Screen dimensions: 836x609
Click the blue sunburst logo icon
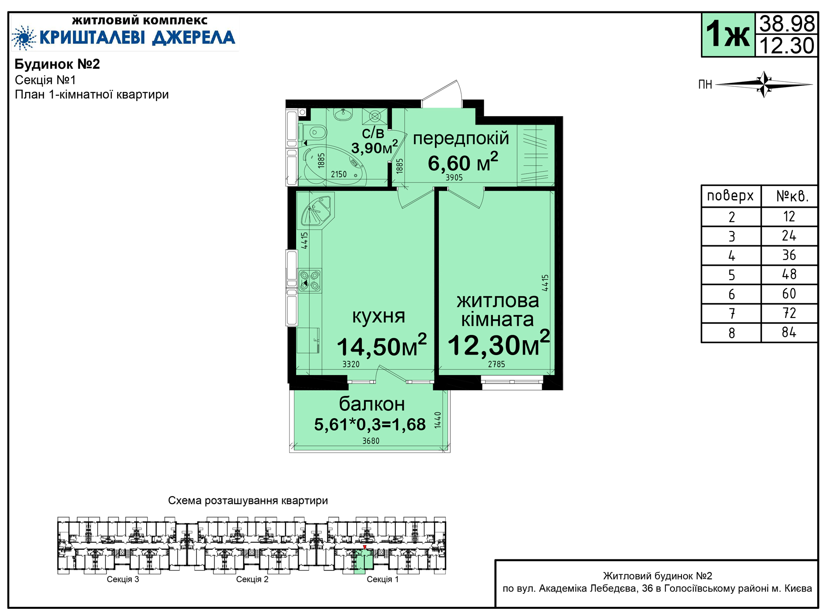tap(24, 37)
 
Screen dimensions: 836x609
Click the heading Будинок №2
tap(57, 64)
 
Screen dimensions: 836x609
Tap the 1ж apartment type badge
tap(728, 35)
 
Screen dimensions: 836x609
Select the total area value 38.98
tap(787, 24)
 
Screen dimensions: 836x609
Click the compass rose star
tap(764, 84)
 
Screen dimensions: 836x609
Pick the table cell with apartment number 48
tap(789, 274)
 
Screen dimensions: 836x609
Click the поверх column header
tap(731, 196)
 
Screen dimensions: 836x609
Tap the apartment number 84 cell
tap(789, 332)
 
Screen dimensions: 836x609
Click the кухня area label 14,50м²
tap(382, 346)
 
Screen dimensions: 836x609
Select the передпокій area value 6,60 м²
tap(463, 162)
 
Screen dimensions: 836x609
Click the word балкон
tap(372, 404)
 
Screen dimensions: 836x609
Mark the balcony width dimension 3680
tap(371, 441)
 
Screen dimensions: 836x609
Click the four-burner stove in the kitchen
tap(309, 281)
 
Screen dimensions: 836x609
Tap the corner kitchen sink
tap(317, 211)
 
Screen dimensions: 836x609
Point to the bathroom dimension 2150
tap(339, 174)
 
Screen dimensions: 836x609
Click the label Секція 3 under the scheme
tap(123, 579)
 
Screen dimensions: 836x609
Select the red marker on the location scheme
tap(365, 547)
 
